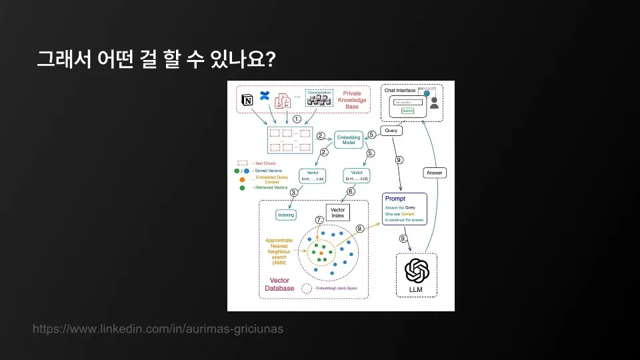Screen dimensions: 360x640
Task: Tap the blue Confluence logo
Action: tap(263, 95)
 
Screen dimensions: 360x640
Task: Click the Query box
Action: tap(391, 131)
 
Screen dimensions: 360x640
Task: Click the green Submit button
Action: tap(408, 111)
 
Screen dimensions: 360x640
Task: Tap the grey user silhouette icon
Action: tap(434, 103)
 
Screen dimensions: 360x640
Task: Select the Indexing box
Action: tap(285, 215)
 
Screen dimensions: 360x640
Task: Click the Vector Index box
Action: tap(337, 213)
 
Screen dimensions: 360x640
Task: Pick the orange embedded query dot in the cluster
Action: tap(321, 253)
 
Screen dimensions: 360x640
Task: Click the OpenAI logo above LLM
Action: tap(417, 271)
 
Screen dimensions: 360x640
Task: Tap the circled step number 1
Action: tap(298, 119)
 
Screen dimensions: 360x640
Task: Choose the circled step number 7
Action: tap(319, 219)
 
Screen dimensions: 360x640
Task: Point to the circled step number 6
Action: tap(350, 191)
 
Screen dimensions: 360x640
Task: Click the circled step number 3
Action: tap(293, 192)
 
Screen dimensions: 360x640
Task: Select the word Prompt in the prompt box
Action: tap(395, 199)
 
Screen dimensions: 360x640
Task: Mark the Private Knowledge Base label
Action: tap(351, 100)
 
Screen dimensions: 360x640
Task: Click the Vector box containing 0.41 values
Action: tap(356, 175)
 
